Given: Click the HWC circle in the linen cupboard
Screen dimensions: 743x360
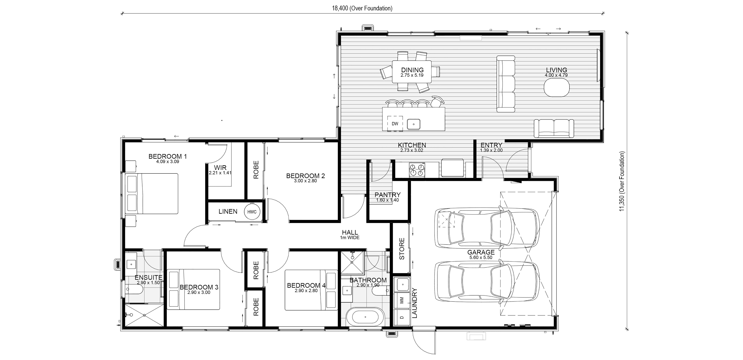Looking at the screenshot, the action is tap(252, 212).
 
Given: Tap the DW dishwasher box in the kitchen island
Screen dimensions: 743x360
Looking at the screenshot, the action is tap(395, 124).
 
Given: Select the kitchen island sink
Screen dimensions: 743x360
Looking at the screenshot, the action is tap(414, 124).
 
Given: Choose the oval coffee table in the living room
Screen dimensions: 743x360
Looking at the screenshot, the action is tap(557, 88).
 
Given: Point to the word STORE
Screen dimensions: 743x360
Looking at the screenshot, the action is tap(402, 249).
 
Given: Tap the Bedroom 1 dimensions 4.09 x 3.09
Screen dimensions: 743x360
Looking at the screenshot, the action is tap(168, 162).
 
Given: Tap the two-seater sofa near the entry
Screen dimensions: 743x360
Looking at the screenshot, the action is tap(554, 128).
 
